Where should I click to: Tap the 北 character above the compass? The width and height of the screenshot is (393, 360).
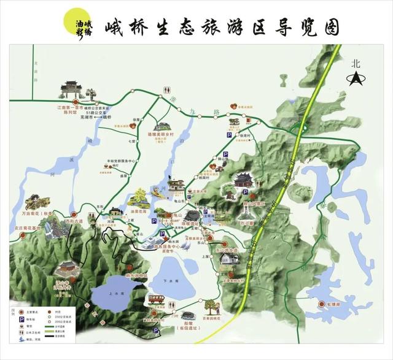(x=355, y=63)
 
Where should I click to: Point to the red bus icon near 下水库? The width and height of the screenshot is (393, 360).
(x=157, y=299)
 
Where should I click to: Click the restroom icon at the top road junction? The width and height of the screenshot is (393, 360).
(x=167, y=90)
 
